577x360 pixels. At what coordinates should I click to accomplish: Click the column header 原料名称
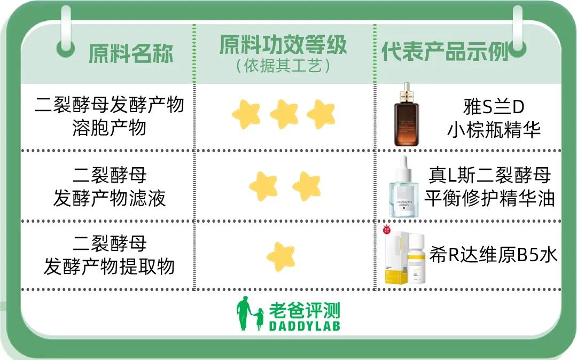(131, 53)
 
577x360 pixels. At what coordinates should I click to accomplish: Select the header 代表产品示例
(445, 51)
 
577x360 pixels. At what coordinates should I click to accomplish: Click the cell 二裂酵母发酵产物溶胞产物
(110, 116)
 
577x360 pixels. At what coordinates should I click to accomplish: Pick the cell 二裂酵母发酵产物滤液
(110, 187)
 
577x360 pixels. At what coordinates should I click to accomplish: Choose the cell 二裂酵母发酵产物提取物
(110, 255)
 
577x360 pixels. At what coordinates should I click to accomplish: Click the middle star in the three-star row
(284, 114)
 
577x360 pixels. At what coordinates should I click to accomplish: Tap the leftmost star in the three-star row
(246, 114)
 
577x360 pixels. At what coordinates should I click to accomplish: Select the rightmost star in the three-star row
(321, 114)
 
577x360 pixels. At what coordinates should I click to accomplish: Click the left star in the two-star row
(263, 185)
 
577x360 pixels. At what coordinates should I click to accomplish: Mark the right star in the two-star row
(307, 185)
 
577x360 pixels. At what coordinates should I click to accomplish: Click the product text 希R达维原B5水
(494, 255)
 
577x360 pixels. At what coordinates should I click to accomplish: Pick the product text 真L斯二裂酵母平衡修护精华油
(489, 187)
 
